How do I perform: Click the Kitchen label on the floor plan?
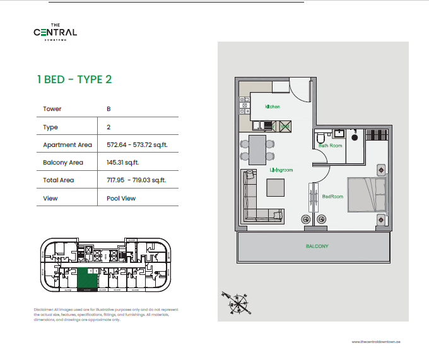[x=273, y=107]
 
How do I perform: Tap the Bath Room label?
[x=330, y=146]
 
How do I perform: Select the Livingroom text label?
[x=281, y=170]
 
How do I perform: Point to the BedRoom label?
[x=332, y=196]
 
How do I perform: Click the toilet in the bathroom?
[x=320, y=137]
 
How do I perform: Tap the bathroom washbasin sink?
[x=339, y=133]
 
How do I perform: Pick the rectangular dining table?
[x=257, y=148]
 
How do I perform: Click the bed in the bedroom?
[x=367, y=195]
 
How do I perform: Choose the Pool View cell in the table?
[x=121, y=198]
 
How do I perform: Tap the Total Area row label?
[x=58, y=180]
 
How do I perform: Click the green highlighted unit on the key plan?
[x=88, y=278]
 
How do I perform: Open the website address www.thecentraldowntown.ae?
[x=377, y=341]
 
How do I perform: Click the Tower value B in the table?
[x=109, y=108]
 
